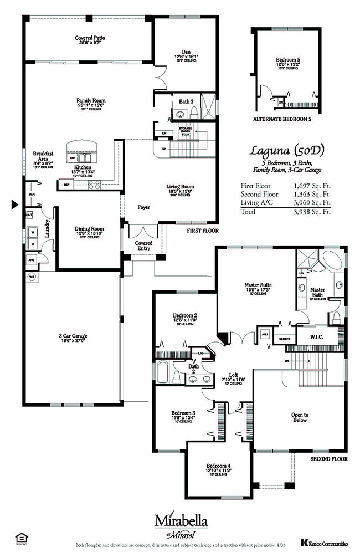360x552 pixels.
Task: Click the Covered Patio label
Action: [x=90, y=38]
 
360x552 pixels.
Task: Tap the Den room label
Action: [x=178, y=49]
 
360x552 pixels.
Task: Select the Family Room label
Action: [x=91, y=101]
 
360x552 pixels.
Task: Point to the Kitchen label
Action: [x=83, y=166]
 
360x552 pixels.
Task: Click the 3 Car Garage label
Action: [x=73, y=336]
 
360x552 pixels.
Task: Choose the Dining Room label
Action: [x=89, y=228]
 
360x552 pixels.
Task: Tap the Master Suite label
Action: [x=256, y=285]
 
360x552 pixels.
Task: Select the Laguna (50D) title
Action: [x=286, y=150]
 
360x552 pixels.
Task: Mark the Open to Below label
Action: [x=300, y=417]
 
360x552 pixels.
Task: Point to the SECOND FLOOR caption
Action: [x=328, y=459]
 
